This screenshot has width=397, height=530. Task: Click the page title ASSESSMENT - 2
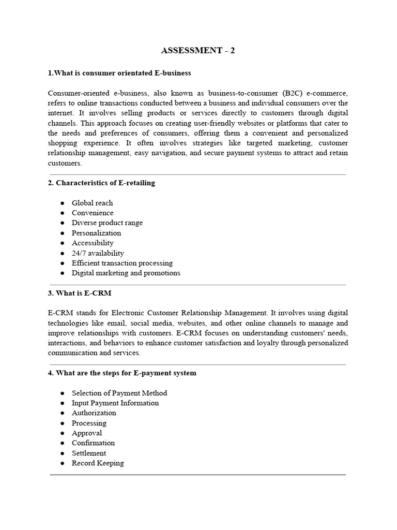[198, 50]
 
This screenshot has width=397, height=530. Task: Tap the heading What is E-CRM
[80, 293]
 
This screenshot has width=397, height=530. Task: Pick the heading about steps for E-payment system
[122, 373]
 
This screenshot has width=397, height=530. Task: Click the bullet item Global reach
[92, 203]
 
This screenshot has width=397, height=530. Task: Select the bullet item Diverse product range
[107, 223]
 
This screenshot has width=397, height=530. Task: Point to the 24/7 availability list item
[98, 253]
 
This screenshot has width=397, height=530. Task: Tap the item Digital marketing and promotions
[126, 273]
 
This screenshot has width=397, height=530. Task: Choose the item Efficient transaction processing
[122, 263]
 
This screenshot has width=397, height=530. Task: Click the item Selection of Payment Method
[119, 393]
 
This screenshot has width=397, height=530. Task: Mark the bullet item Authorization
[94, 413]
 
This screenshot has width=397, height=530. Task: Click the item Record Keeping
[98, 463]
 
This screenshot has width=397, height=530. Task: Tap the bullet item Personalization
[96, 233]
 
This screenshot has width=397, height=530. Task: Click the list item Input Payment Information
[115, 403]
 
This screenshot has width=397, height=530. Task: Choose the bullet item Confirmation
[94, 443]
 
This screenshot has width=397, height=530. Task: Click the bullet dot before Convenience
[62, 213]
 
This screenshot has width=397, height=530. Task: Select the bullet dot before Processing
[62, 423]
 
